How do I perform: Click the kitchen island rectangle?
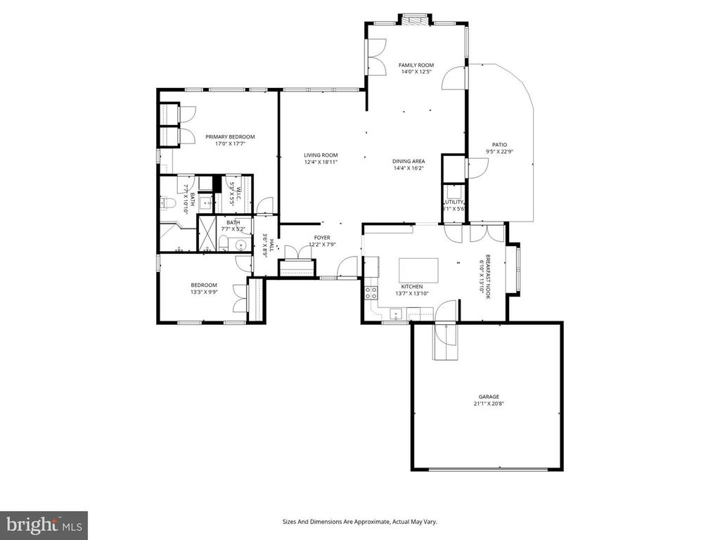[x=418, y=270]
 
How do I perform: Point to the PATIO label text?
[x=499, y=145]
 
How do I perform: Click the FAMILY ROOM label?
[x=416, y=65]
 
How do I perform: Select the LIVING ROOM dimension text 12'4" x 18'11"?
[x=321, y=162]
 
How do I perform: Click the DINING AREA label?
[x=409, y=162]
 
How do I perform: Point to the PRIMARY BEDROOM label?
[x=230, y=136]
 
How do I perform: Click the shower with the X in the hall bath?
[x=207, y=233]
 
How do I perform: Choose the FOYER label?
[x=322, y=238]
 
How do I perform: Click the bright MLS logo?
[x=44, y=525]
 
